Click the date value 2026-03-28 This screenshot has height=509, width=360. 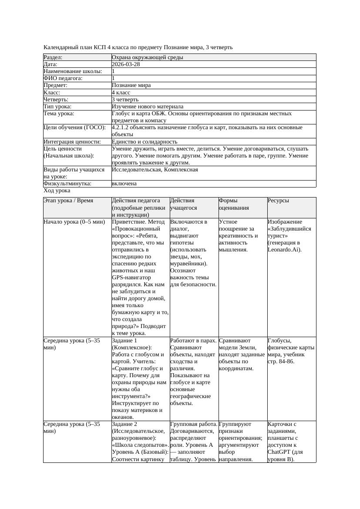tap(126, 64)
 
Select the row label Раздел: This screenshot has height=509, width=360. tap(53, 57)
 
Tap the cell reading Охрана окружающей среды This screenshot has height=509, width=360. tap(147, 57)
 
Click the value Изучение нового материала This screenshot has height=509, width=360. tap(147, 107)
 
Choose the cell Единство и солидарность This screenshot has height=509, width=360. tap(144, 142)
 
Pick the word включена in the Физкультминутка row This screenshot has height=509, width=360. tap(124, 184)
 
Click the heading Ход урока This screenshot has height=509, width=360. tap(57, 191)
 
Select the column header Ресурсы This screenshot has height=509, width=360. tap(278, 201)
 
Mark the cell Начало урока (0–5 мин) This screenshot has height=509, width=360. tap(74, 222)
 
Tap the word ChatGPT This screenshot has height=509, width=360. tap(281, 452)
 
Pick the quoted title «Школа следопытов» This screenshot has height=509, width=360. tap(140, 445)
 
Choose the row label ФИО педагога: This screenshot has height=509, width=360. tap(63, 78)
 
